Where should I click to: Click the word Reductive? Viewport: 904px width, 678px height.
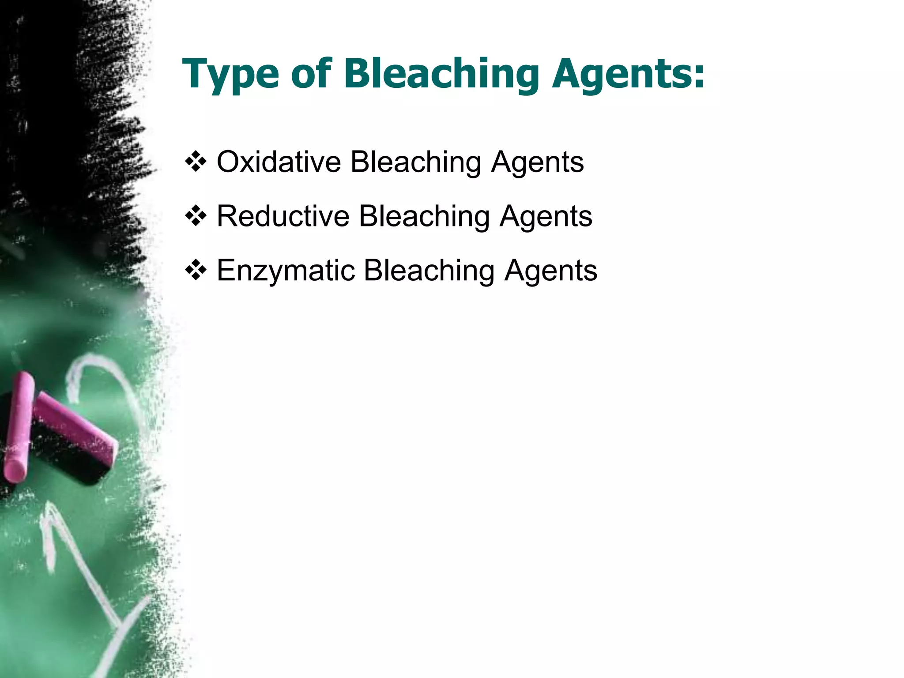coord(283,216)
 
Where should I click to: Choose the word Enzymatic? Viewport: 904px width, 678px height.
coord(286,270)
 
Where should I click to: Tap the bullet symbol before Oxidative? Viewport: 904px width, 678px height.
coord(196,162)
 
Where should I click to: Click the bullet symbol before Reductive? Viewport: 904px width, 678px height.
coord(196,216)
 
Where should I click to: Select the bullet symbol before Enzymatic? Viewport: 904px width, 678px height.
coord(196,270)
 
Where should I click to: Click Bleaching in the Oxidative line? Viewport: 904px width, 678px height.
coord(415,162)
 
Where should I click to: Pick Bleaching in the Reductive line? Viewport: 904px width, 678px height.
coord(424,217)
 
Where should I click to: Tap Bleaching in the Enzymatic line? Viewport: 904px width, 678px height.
coord(429,271)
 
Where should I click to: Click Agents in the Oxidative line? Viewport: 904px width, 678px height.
coord(537,162)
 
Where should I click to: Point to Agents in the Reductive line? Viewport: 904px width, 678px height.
coord(546,217)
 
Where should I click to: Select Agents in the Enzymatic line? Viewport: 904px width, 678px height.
coord(550,271)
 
